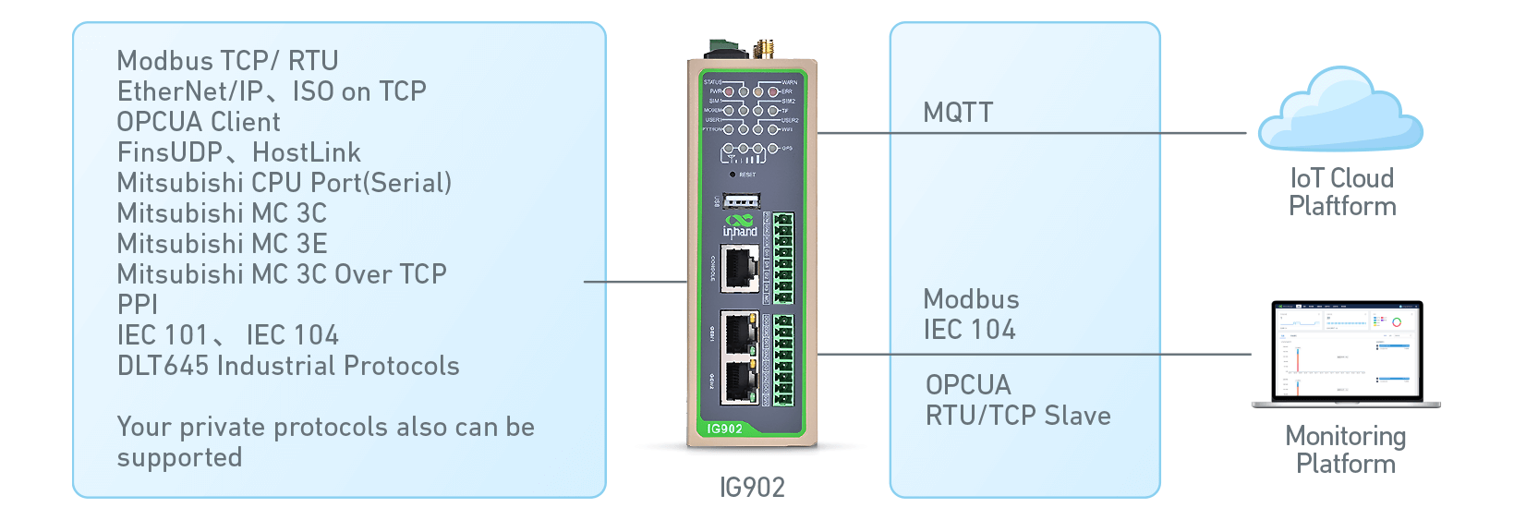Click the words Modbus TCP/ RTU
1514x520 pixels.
(x=227, y=61)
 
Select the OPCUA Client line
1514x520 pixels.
(x=199, y=122)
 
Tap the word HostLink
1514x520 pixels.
(x=307, y=152)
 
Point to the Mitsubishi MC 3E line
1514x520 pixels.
(x=222, y=244)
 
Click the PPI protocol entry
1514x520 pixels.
(x=137, y=305)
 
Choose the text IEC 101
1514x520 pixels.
(x=163, y=335)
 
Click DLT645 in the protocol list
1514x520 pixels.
(x=164, y=366)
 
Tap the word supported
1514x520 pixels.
(x=179, y=458)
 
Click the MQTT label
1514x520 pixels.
(x=958, y=113)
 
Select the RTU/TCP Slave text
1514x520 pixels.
(x=1018, y=416)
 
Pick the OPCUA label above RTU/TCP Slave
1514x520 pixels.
(x=968, y=385)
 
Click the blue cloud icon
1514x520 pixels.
(x=1341, y=111)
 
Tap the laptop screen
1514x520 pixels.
(x=1346, y=350)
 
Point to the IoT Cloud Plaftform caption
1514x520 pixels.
(x=1342, y=192)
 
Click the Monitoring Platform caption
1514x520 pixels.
(x=1346, y=450)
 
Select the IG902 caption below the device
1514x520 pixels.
(x=752, y=488)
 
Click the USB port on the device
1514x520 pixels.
(x=741, y=200)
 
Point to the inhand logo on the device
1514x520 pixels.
(x=740, y=226)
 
